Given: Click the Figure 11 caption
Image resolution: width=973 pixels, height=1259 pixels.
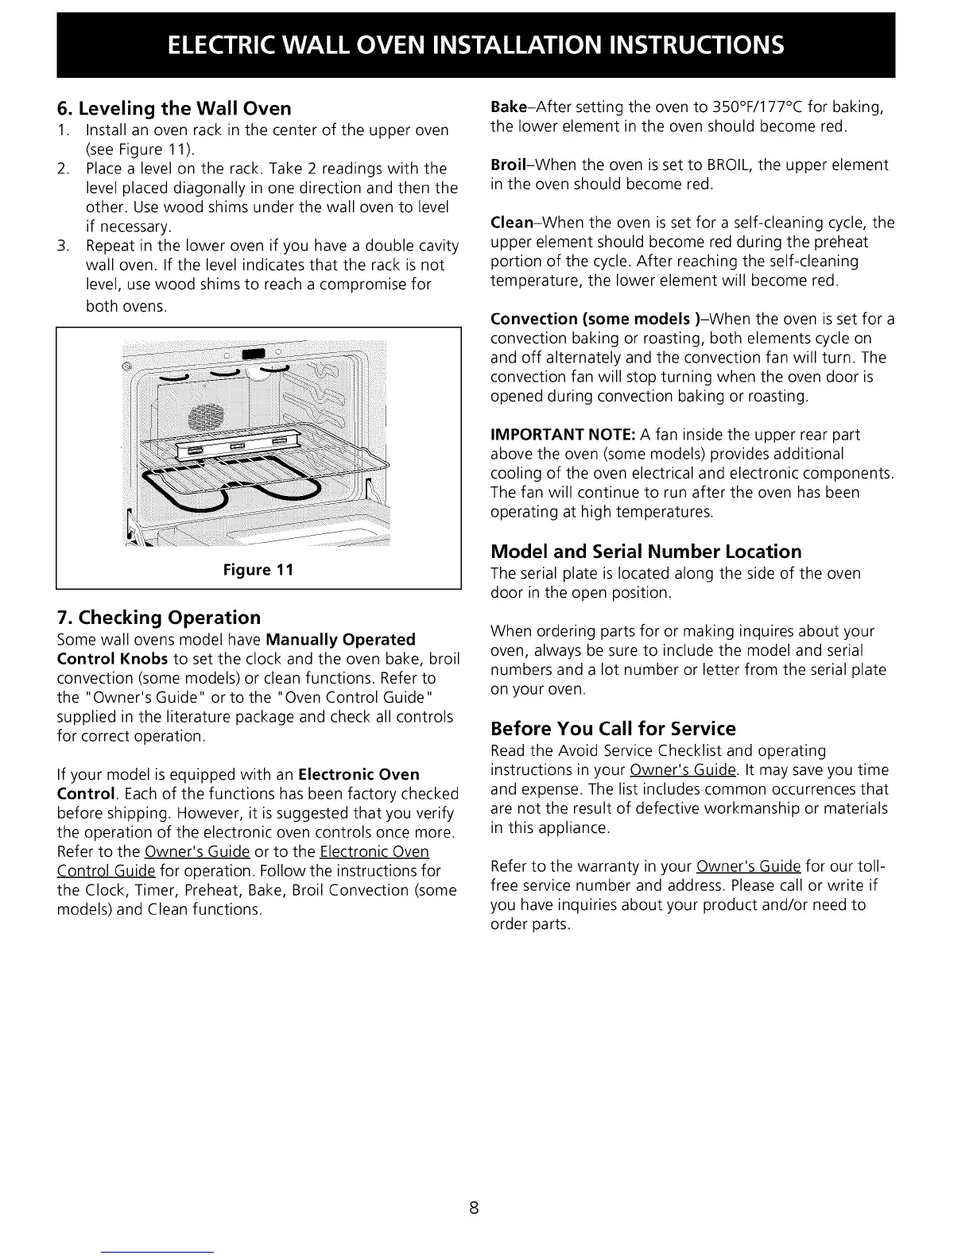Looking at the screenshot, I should [x=258, y=570].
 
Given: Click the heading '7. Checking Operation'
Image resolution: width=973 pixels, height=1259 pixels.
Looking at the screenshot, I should [x=158, y=618].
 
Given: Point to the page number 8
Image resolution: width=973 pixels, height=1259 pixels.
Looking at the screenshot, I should [x=473, y=1209].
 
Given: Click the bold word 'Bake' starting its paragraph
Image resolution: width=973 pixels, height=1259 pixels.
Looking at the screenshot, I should [x=506, y=107].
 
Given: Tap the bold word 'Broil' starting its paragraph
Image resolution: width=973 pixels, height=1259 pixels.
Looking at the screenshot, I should [x=508, y=165].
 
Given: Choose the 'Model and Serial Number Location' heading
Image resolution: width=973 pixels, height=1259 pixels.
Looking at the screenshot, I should [x=645, y=552].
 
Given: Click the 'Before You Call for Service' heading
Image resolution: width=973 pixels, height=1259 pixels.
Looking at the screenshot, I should [x=613, y=729].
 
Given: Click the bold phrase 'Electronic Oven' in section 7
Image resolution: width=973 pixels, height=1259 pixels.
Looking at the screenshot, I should [x=359, y=774].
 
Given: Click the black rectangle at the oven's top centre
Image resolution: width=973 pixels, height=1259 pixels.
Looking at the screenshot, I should [x=253, y=354].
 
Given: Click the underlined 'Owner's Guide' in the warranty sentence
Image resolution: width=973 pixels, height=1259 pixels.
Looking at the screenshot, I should [x=748, y=866].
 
